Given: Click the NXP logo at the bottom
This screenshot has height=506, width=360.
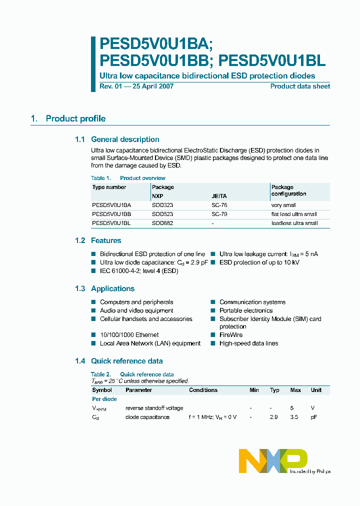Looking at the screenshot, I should (272, 460).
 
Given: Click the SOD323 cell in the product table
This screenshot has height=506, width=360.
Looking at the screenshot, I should (162, 205).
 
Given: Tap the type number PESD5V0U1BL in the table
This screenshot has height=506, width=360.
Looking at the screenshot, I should (111, 223).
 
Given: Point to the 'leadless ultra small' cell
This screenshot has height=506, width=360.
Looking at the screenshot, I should (294, 223).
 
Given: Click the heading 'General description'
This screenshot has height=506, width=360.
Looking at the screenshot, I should (125, 139).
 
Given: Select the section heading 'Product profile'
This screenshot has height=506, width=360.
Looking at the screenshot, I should (75, 118).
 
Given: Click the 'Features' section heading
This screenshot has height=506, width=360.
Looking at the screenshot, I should (106, 240).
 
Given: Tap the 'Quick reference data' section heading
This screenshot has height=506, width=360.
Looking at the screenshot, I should (126, 361).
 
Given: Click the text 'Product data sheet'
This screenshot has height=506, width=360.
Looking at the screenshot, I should (300, 86).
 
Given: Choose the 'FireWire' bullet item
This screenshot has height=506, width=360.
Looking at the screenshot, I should (230, 335).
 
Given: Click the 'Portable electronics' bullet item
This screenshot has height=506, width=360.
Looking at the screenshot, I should (246, 310).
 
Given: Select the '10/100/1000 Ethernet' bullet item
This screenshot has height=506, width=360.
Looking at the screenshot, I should (129, 335).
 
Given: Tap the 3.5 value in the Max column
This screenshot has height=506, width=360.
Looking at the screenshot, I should (294, 417).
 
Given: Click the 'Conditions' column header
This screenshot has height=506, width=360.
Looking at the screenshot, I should (203, 390).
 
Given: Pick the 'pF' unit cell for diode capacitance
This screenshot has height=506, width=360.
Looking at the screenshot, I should (313, 417).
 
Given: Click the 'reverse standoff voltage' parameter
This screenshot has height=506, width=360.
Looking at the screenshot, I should (154, 408).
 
